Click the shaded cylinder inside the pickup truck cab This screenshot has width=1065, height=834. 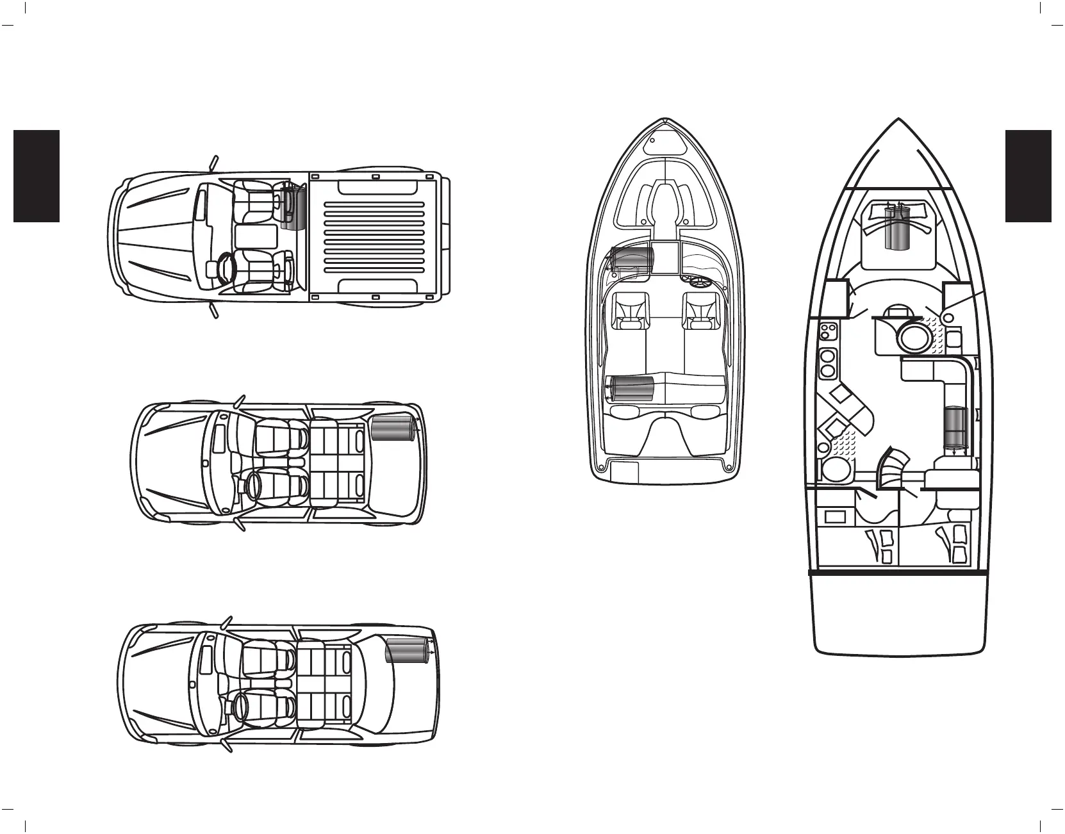[294, 206]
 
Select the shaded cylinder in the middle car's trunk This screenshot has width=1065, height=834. [392, 428]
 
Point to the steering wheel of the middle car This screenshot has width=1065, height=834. [251, 485]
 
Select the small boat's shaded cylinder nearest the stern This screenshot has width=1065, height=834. [631, 389]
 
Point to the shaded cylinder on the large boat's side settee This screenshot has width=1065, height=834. [957, 427]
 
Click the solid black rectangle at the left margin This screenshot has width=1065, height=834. [37, 176]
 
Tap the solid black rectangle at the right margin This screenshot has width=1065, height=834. [1028, 176]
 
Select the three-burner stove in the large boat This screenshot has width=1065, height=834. [828, 332]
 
